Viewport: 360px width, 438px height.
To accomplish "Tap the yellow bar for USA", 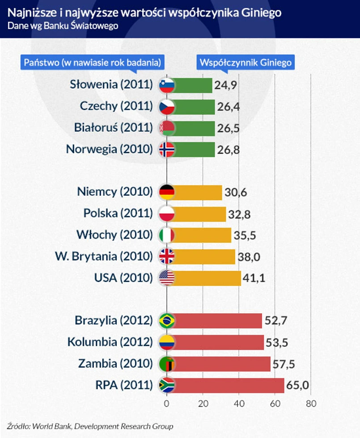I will click(x=207, y=278).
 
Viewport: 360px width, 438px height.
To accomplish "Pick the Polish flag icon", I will click(x=167, y=214).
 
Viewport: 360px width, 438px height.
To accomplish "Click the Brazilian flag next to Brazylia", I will click(x=167, y=321).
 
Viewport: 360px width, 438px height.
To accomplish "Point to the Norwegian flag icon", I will click(x=167, y=150).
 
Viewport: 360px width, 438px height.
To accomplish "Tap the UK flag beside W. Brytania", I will click(x=167, y=257).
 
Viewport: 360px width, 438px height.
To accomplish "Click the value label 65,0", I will click(x=298, y=385).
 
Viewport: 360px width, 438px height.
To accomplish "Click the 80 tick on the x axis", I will click(x=311, y=404).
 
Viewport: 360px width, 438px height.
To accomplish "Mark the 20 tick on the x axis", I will click(x=203, y=404).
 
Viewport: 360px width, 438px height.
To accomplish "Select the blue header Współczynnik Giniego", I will click(x=246, y=63).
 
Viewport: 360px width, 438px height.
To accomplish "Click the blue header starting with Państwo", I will click(x=92, y=63).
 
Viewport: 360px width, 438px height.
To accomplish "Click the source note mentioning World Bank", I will click(x=90, y=426).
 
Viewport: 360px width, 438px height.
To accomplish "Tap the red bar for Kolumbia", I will click(x=218, y=342).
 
